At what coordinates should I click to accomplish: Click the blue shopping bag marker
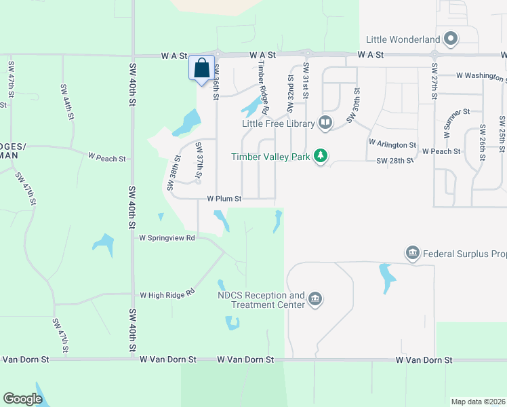click(x=201, y=69)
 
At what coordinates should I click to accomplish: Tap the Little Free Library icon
click(x=325, y=123)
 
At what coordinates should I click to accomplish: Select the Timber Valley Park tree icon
click(x=320, y=157)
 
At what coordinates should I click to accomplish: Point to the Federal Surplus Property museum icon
click(x=412, y=254)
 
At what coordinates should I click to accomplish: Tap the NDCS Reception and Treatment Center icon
click(x=315, y=299)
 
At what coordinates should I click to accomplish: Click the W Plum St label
click(x=224, y=199)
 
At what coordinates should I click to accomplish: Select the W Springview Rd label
click(x=167, y=238)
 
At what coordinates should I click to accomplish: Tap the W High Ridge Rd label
click(x=167, y=295)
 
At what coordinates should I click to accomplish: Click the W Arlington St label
click(x=392, y=144)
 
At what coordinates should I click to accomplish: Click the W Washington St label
click(x=481, y=75)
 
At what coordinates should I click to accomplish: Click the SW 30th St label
click(x=352, y=105)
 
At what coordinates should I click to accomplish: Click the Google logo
click(x=23, y=399)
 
